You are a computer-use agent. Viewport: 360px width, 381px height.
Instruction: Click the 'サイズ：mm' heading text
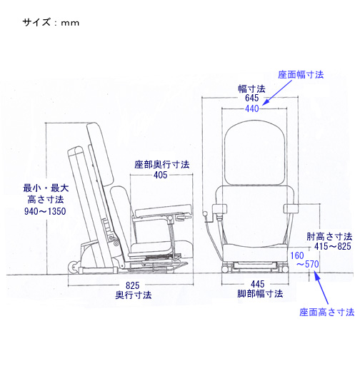[51, 23]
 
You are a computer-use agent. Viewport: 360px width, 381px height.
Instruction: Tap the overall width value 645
[251, 98]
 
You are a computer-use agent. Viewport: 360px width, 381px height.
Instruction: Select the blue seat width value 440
[251, 108]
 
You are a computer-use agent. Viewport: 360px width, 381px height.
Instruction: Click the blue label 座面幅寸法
[301, 75]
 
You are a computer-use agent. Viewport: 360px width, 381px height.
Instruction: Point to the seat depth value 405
[161, 175]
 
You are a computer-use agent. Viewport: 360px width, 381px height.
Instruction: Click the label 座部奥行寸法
[162, 165]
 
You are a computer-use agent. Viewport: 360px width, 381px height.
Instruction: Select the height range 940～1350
[45, 211]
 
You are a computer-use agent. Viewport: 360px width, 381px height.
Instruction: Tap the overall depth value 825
[133, 285]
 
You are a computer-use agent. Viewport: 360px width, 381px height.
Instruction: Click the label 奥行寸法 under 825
[134, 295]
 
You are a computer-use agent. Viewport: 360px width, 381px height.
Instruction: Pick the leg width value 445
[258, 284]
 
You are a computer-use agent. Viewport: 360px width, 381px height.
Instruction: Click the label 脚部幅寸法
[260, 293]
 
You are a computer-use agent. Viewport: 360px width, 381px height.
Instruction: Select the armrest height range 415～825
[333, 246]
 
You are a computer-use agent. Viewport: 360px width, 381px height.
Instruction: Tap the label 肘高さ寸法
[329, 236]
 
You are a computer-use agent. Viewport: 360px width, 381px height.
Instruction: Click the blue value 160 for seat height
[297, 255]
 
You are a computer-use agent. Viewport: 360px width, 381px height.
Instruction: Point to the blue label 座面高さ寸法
[326, 313]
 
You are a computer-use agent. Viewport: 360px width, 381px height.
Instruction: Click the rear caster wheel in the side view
[73, 267]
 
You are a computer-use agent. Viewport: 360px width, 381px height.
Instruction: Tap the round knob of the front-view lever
[205, 214]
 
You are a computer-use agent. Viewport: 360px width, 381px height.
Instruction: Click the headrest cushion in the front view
[254, 154]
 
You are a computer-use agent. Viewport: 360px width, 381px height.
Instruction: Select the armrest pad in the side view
[162, 210]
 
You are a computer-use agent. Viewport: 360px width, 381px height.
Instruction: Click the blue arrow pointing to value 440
[277, 93]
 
